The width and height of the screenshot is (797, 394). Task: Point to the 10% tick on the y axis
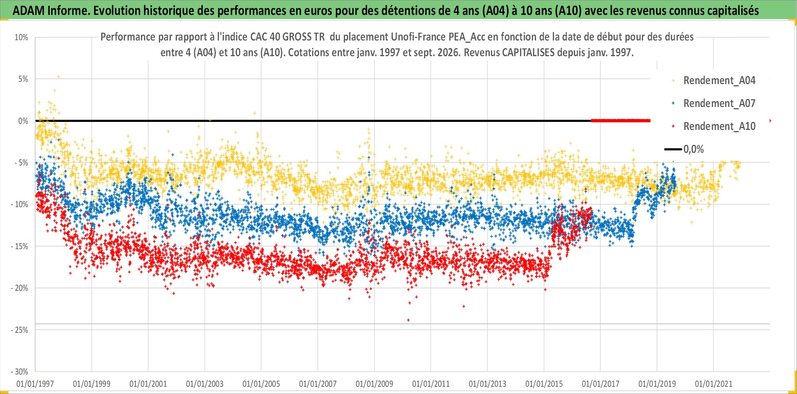(x=21, y=37)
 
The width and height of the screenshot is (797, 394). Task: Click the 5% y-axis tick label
(x=23, y=79)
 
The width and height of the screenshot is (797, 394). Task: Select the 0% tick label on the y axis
(x=23, y=121)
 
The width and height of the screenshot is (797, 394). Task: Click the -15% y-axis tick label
(x=19, y=246)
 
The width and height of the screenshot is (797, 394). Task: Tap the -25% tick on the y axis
(x=19, y=330)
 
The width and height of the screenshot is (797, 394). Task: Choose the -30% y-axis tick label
(x=19, y=372)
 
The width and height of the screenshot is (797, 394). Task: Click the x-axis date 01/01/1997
(x=35, y=384)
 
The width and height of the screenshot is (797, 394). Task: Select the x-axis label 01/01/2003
(x=205, y=384)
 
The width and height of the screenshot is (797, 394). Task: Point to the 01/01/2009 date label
(x=374, y=384)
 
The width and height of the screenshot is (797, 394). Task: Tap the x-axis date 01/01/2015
(x=544, y=384)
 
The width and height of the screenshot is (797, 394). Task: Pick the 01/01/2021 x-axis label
(x=714, y=384)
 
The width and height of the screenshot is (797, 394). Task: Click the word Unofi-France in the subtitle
(x=418, y=37)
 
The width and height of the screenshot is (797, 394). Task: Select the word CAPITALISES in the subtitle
(x=530, y=52)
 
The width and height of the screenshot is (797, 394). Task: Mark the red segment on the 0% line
(x=620, y=121)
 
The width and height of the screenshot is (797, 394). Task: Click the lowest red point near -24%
(x=408, y=320)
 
